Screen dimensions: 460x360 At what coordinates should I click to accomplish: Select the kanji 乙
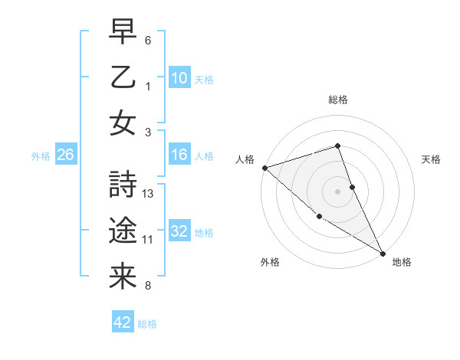click(123, 77)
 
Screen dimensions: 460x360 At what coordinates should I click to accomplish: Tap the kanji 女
click(123, 123)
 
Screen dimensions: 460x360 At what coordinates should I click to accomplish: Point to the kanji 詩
click(123, 185)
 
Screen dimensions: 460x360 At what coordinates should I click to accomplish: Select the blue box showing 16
click(179, 155)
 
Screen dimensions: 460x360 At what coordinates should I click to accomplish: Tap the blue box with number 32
click(179, 231)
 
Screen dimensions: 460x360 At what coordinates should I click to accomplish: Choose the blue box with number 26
click(65, 155)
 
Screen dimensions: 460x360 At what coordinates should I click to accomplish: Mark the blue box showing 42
click(123, 322)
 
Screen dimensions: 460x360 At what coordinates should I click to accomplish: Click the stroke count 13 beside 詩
click(149, 194)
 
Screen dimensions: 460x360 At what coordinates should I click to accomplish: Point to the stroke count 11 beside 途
click(148, 240)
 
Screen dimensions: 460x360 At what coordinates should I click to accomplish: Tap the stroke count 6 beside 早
click(148, 40)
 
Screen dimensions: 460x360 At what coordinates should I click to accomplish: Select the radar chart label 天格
click(431, 159)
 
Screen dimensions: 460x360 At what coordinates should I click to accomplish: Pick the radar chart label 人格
click(245, 159)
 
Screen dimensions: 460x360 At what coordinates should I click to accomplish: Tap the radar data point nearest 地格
click(383, 253)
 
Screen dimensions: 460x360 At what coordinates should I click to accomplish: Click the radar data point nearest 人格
click(264, 168)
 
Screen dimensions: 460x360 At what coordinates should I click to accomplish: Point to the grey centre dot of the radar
click(338, 191)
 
